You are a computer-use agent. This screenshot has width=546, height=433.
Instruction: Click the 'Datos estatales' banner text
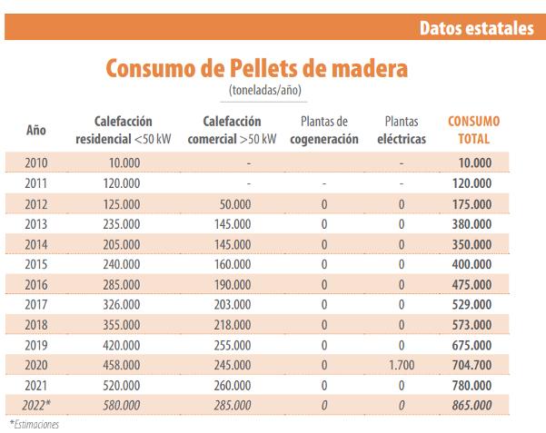coord(476,28)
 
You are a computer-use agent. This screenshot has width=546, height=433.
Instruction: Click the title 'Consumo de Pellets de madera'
coord(257,68)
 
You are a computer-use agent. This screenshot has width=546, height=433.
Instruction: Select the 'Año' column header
coord(36,130)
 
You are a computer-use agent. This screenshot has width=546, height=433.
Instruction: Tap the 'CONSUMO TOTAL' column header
coord(473,130)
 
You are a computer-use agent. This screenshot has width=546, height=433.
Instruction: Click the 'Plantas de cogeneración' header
coord(323,130)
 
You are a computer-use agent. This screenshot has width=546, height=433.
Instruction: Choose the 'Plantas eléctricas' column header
coord(401,130)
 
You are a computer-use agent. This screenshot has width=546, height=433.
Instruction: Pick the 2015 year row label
coord(36,264)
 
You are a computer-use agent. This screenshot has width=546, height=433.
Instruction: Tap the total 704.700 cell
coord(472,365)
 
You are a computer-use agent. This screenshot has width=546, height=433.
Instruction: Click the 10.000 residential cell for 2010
coord(124,163)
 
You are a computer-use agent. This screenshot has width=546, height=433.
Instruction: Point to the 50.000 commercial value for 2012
coord(234,204)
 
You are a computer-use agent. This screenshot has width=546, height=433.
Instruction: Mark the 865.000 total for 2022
coord(472,405)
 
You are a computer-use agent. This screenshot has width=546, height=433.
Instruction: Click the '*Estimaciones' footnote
coord(34,424)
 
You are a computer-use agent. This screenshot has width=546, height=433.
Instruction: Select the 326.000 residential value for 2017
coord(121,305)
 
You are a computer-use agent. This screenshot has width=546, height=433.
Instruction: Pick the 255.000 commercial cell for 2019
coord(232,345)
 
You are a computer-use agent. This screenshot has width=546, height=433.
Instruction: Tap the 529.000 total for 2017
coord(472,305)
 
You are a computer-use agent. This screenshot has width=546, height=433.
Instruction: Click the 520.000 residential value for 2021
coord(121,385)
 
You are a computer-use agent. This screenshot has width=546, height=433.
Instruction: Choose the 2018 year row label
coord(36,325)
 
